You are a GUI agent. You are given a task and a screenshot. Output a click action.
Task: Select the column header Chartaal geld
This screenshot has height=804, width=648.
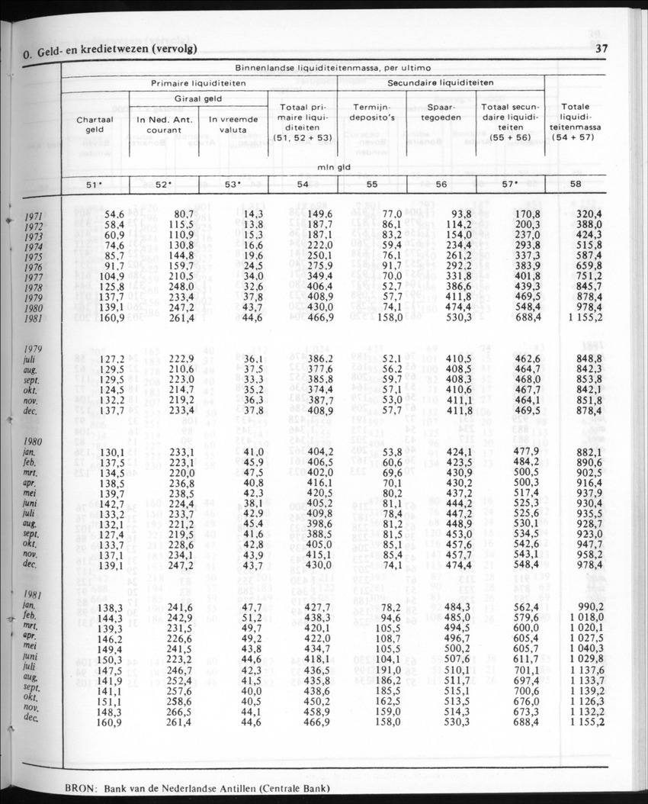pyautogui.click(x=95, y=124)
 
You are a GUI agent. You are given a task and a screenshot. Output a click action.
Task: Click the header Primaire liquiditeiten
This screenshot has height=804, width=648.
pyautogui.click(x=198, y=82)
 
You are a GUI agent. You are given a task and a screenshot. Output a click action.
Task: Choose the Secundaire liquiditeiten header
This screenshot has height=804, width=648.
pyautogui.click(x=441, y=82)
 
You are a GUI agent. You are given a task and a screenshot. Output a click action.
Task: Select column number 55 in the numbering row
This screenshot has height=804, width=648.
pyautogui.click(x=372, y=184)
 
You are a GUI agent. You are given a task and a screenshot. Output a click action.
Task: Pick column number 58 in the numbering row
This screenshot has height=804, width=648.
pyautogui.click(x=575, y=184)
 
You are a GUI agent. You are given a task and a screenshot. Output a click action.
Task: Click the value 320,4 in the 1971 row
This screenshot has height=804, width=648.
pyautogui.click(x=589, y=216)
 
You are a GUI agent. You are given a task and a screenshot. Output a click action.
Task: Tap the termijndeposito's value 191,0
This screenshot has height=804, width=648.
pyautogui.click(x=387, y=668)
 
